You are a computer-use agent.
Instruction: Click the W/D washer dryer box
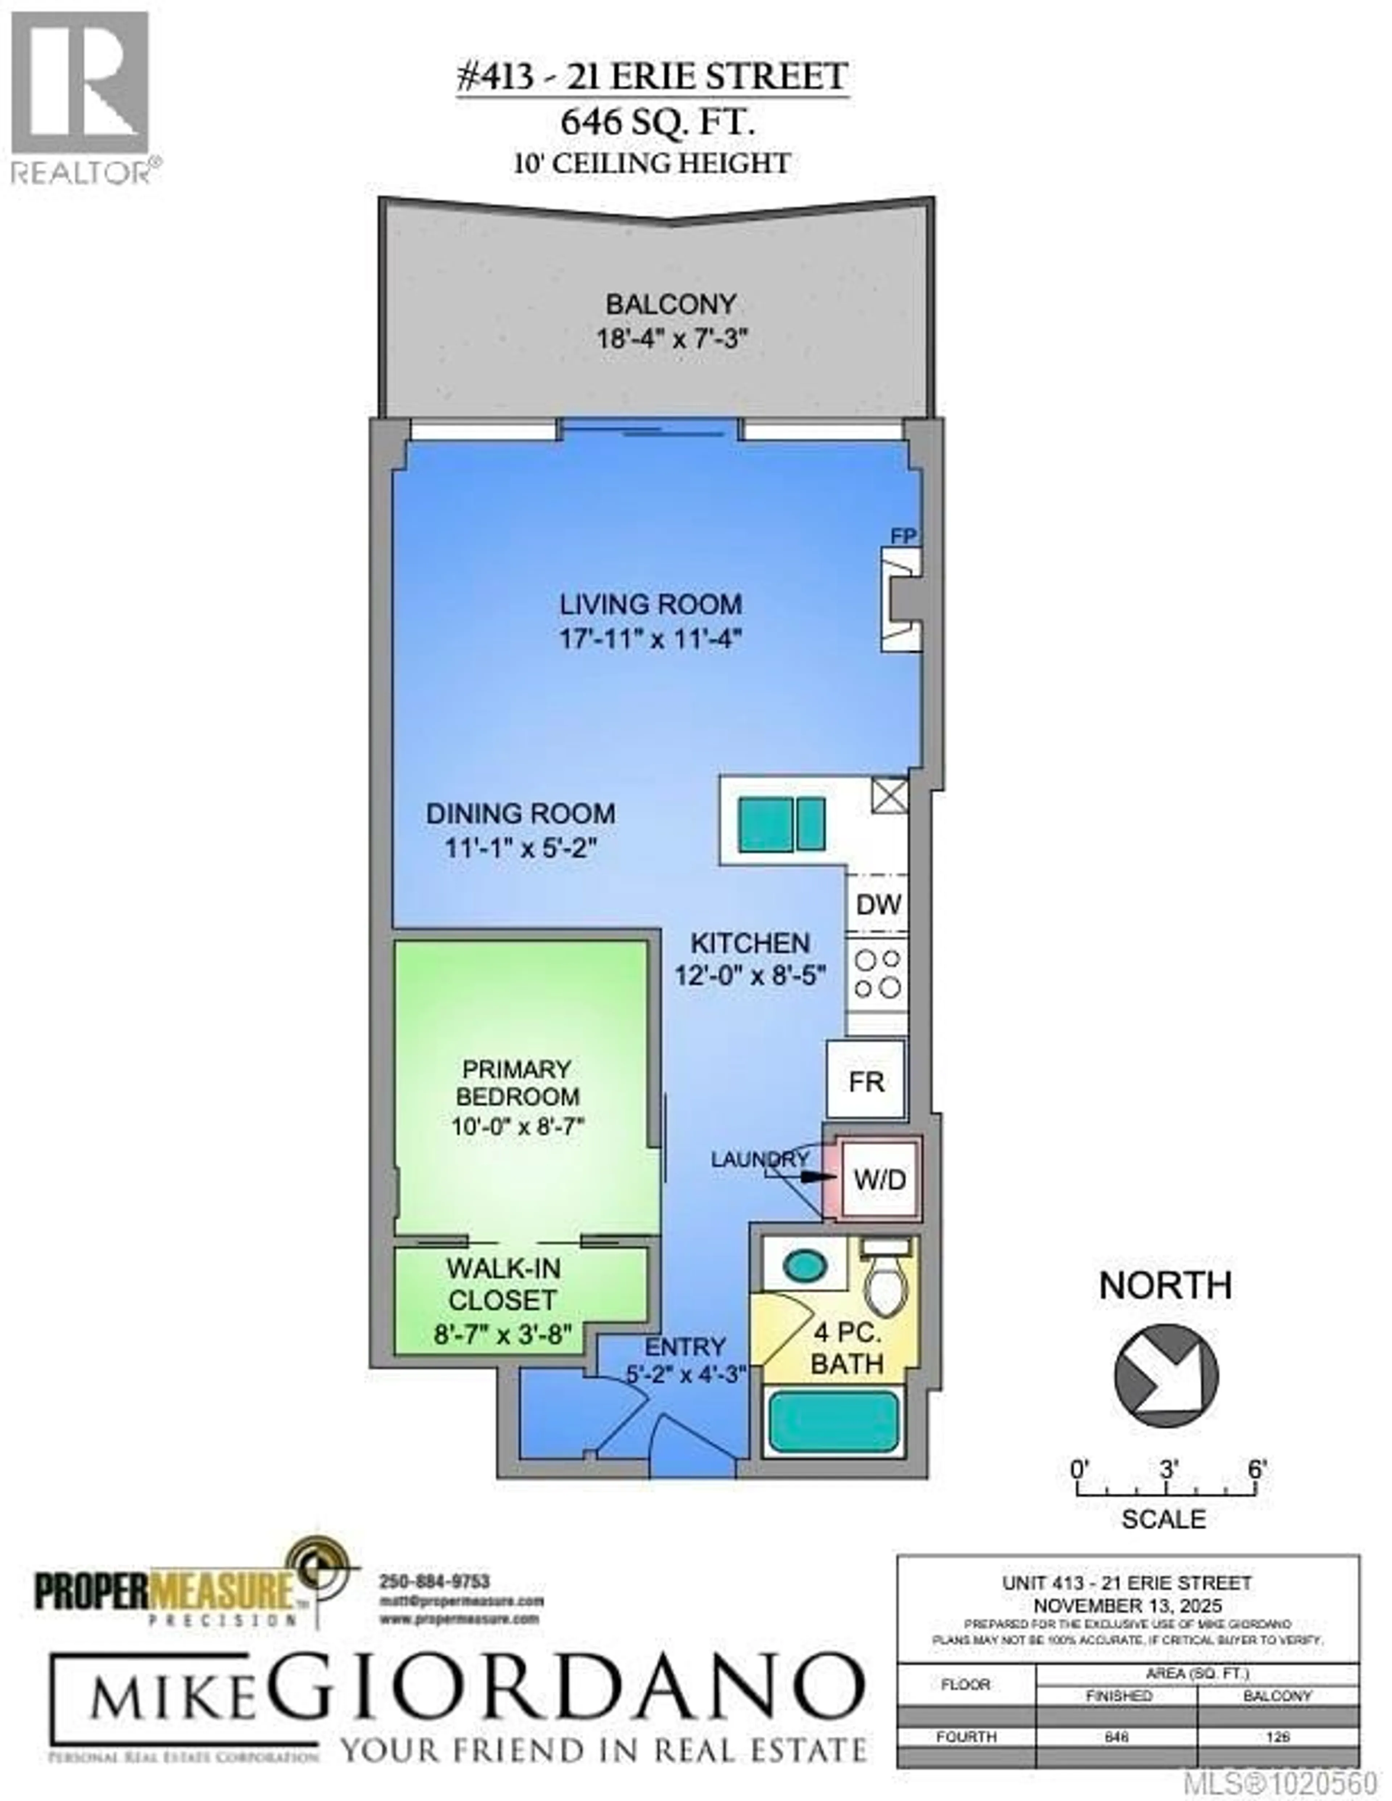click(879, 1180)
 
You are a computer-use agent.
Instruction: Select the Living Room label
click(651, 605)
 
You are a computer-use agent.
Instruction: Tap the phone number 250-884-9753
click(435, 1582)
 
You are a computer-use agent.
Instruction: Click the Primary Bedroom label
click(517, 1083)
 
